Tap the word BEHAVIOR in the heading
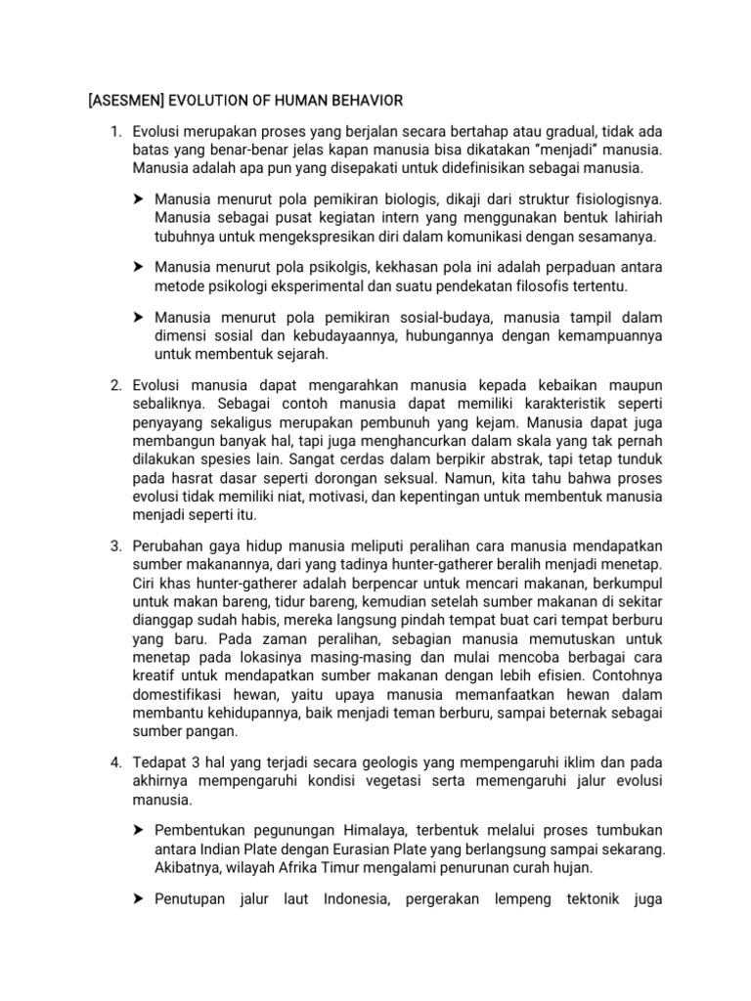(x=362, y=101)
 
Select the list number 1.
(x=114, y=132)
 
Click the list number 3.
(x=114, y=546)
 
